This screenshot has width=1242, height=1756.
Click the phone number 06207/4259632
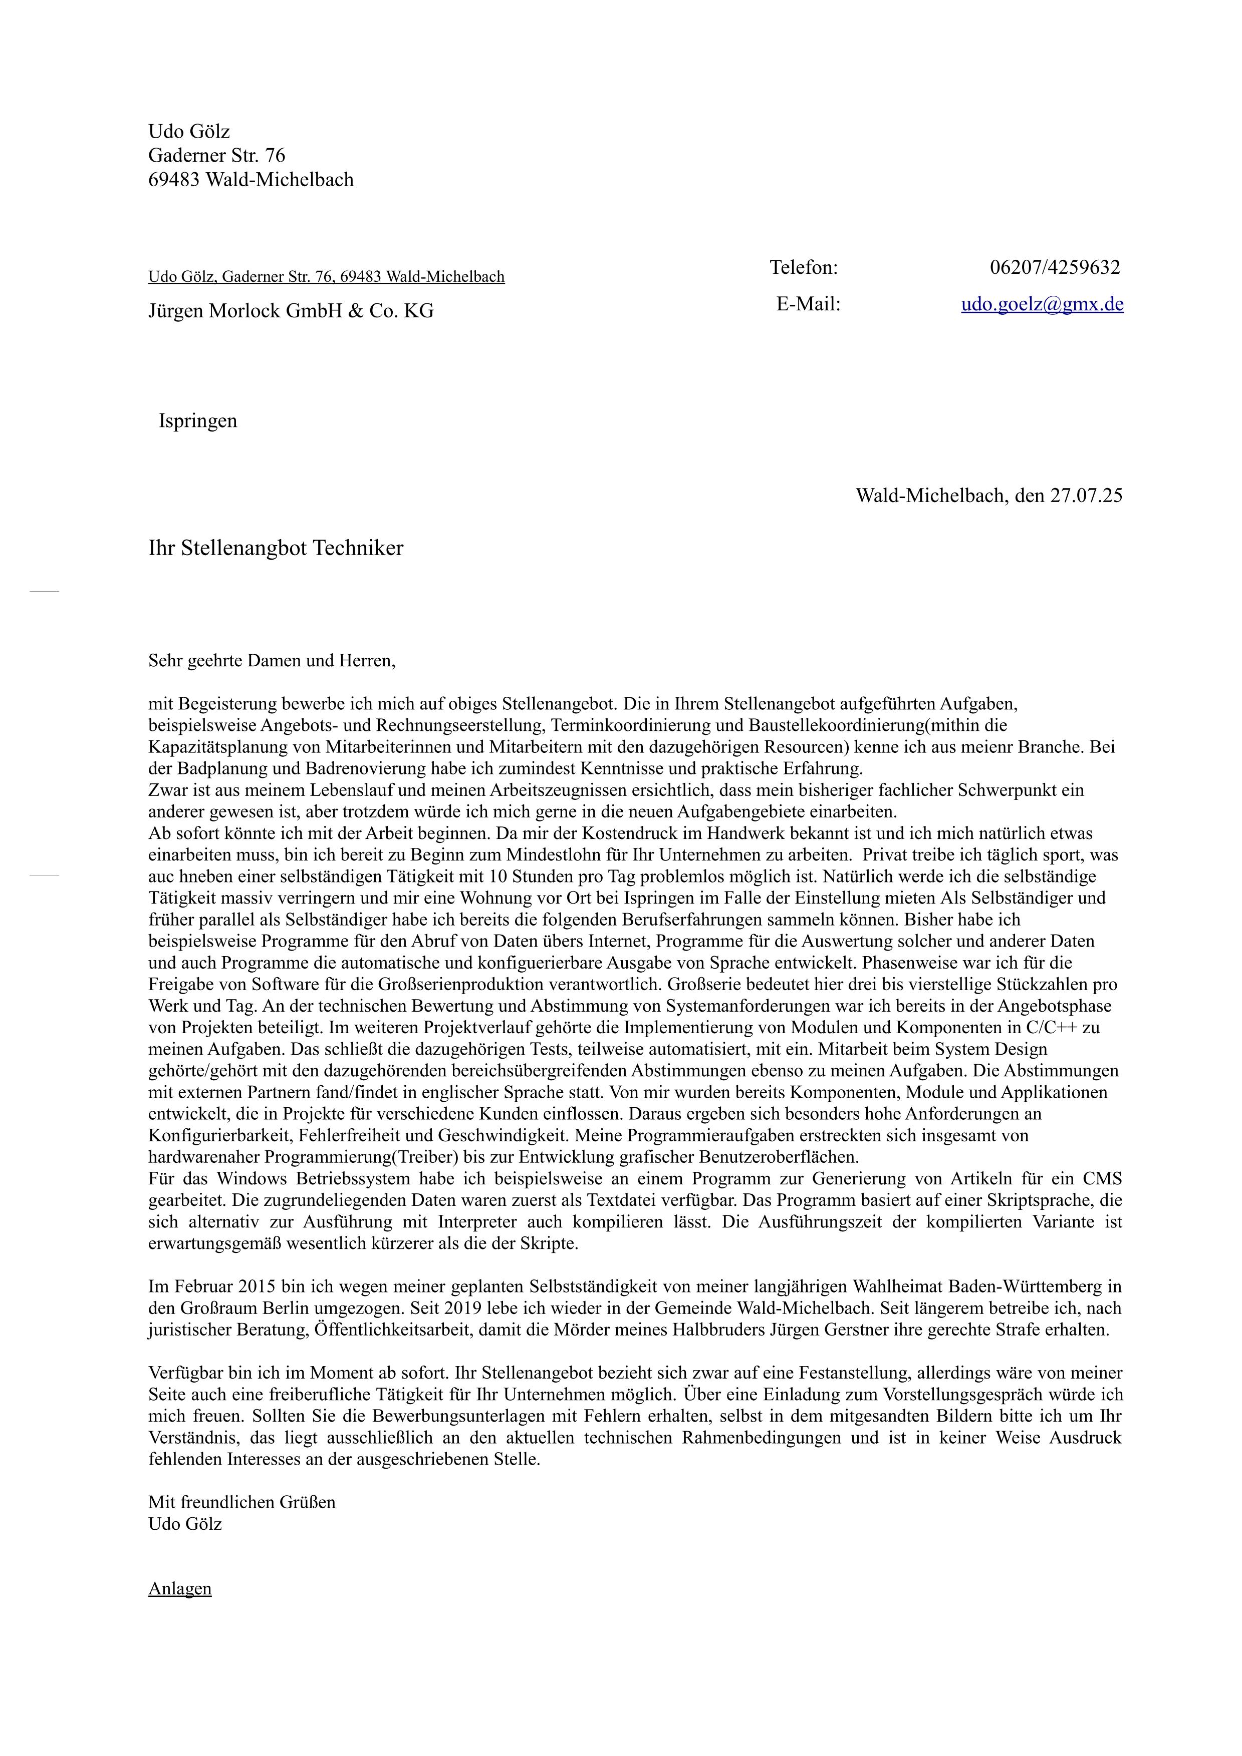point(1055,268)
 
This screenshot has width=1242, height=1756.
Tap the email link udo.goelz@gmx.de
point(1042,304)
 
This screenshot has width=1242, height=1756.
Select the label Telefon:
point(804,268)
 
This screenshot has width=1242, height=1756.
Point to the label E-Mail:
point(808,304)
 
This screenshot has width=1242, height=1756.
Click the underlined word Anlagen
point(180,1588)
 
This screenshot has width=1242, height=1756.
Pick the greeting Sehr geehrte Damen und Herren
point(272,660)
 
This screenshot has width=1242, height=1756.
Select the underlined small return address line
point(326,277)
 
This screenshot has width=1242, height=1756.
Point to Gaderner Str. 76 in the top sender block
point(216,156)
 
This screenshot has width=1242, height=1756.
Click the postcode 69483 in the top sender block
point(174,181)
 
